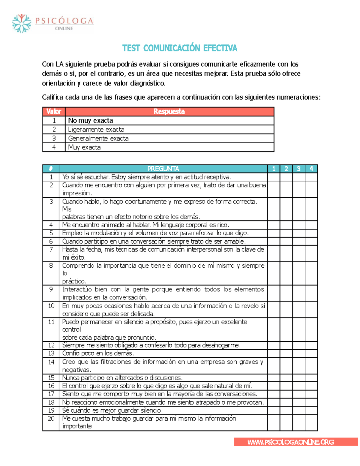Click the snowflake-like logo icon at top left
[22, 23]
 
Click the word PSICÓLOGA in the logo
[64, 21]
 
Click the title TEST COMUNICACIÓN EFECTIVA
[180, 48]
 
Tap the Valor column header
[54, 112]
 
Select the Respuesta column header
[169, 112]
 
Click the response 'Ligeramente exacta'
[96, 130]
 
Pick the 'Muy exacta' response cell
[84, 147]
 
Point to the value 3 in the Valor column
[54, 138]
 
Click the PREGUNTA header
[163, 169]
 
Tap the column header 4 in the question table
[311, 169]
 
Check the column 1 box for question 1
[274, 177]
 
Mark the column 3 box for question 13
[298, 353]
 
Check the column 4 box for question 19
[311, 410]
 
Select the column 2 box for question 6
[286, 241]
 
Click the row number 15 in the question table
[51, 378]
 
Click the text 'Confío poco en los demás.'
[98, 353]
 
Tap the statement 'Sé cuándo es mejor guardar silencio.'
[112, 410]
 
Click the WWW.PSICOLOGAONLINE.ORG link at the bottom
[290, 442]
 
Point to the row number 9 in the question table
[51, 290]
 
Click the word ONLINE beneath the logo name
[64, 29]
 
